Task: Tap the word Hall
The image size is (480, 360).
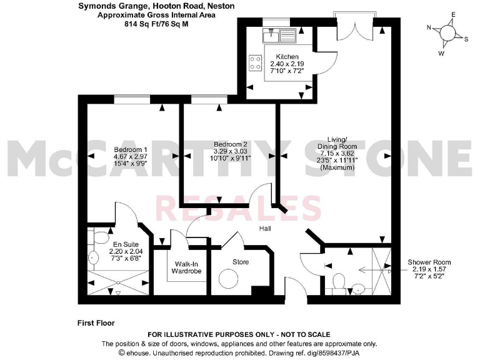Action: [266, 229]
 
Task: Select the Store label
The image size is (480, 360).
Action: [241, 262]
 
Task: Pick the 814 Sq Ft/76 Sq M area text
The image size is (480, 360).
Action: [151, 23]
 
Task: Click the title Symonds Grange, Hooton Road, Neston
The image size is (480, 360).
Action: [151, 6]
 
